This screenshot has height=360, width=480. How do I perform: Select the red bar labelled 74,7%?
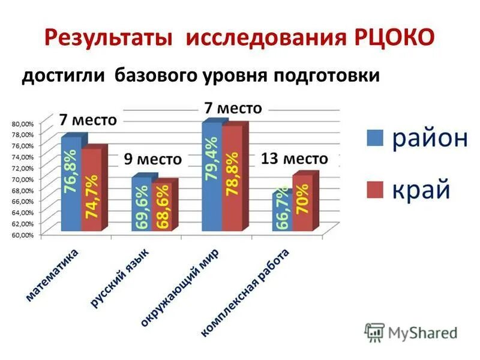coord(91,191)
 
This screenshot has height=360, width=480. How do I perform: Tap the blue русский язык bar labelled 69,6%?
coord(142,205)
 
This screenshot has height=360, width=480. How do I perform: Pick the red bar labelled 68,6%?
coord(161,207)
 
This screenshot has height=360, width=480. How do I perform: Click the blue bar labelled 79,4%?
coord(212,177)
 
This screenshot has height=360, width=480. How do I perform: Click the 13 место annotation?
coord(295,159)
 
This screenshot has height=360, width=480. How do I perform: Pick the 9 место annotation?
coord(153,160)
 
